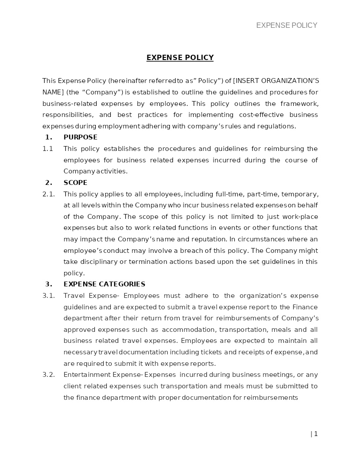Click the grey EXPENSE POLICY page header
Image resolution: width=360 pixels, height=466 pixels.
(x=287, y=26)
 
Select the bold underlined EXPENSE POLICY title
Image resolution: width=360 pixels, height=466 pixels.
(x=180, y=57)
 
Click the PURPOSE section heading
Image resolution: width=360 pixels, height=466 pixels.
(x=80, y=137)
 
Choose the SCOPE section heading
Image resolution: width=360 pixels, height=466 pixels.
(x=75, y=183)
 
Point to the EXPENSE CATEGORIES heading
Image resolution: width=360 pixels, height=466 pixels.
(x=104, y=284)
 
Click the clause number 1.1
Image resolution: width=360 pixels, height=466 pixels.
(x=48, y=149)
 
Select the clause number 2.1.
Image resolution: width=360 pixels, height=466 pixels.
(x=49, y=194)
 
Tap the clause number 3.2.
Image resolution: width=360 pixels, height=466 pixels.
(x=49, y=375)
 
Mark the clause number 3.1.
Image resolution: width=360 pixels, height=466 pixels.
(x=49, y=296)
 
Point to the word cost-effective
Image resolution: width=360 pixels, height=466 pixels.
(x=256, y=115)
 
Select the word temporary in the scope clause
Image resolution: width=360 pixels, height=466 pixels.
(x=300, y=194)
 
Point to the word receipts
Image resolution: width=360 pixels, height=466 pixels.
(x=246, y=352)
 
